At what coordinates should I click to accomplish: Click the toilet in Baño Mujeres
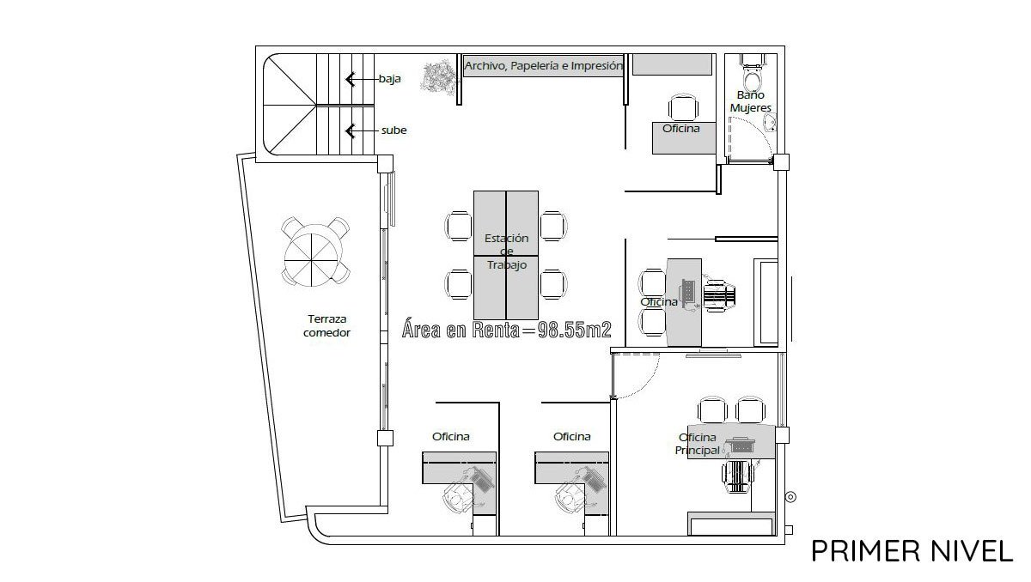pos(753,74)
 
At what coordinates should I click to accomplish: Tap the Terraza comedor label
pos(326,325)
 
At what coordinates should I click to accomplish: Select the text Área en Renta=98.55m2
pos(507,329)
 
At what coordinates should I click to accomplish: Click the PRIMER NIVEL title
pos(912,551)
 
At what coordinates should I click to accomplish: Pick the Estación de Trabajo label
pos(506,251)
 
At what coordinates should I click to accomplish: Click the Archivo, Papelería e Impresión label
pos(543,66)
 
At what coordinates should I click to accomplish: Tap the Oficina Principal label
pos(698,444)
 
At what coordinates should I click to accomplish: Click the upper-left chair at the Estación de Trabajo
pos(459,226)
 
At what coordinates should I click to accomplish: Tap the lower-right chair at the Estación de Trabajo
pos(553,285)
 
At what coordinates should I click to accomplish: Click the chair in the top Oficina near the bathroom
pos(683,108)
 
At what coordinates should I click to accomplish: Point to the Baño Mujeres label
pos(751,101)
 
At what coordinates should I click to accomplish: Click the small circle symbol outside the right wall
pos(791,497)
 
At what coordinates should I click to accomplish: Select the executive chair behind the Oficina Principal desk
pos(738,476)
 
